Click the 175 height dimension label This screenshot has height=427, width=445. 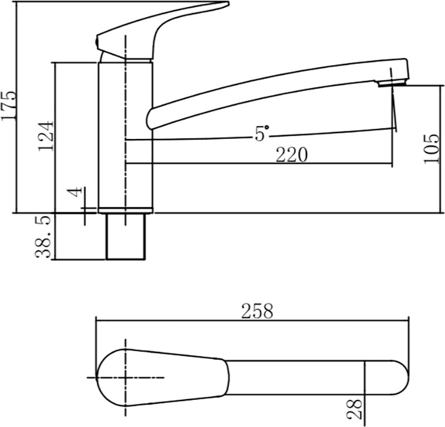tap(8, 106)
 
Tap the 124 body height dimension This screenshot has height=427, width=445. tap(46, 136)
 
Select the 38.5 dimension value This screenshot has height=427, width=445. tap(43, 237)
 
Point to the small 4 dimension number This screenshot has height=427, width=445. tap(76, 192)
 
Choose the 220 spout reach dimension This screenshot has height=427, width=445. tap(291, 155)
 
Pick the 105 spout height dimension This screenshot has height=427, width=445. tap(431, 148)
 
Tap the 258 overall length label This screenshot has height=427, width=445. tap(257, 311)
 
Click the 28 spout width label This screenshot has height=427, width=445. tap(355, 409)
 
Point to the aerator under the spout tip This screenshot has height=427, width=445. tap(392, 83)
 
